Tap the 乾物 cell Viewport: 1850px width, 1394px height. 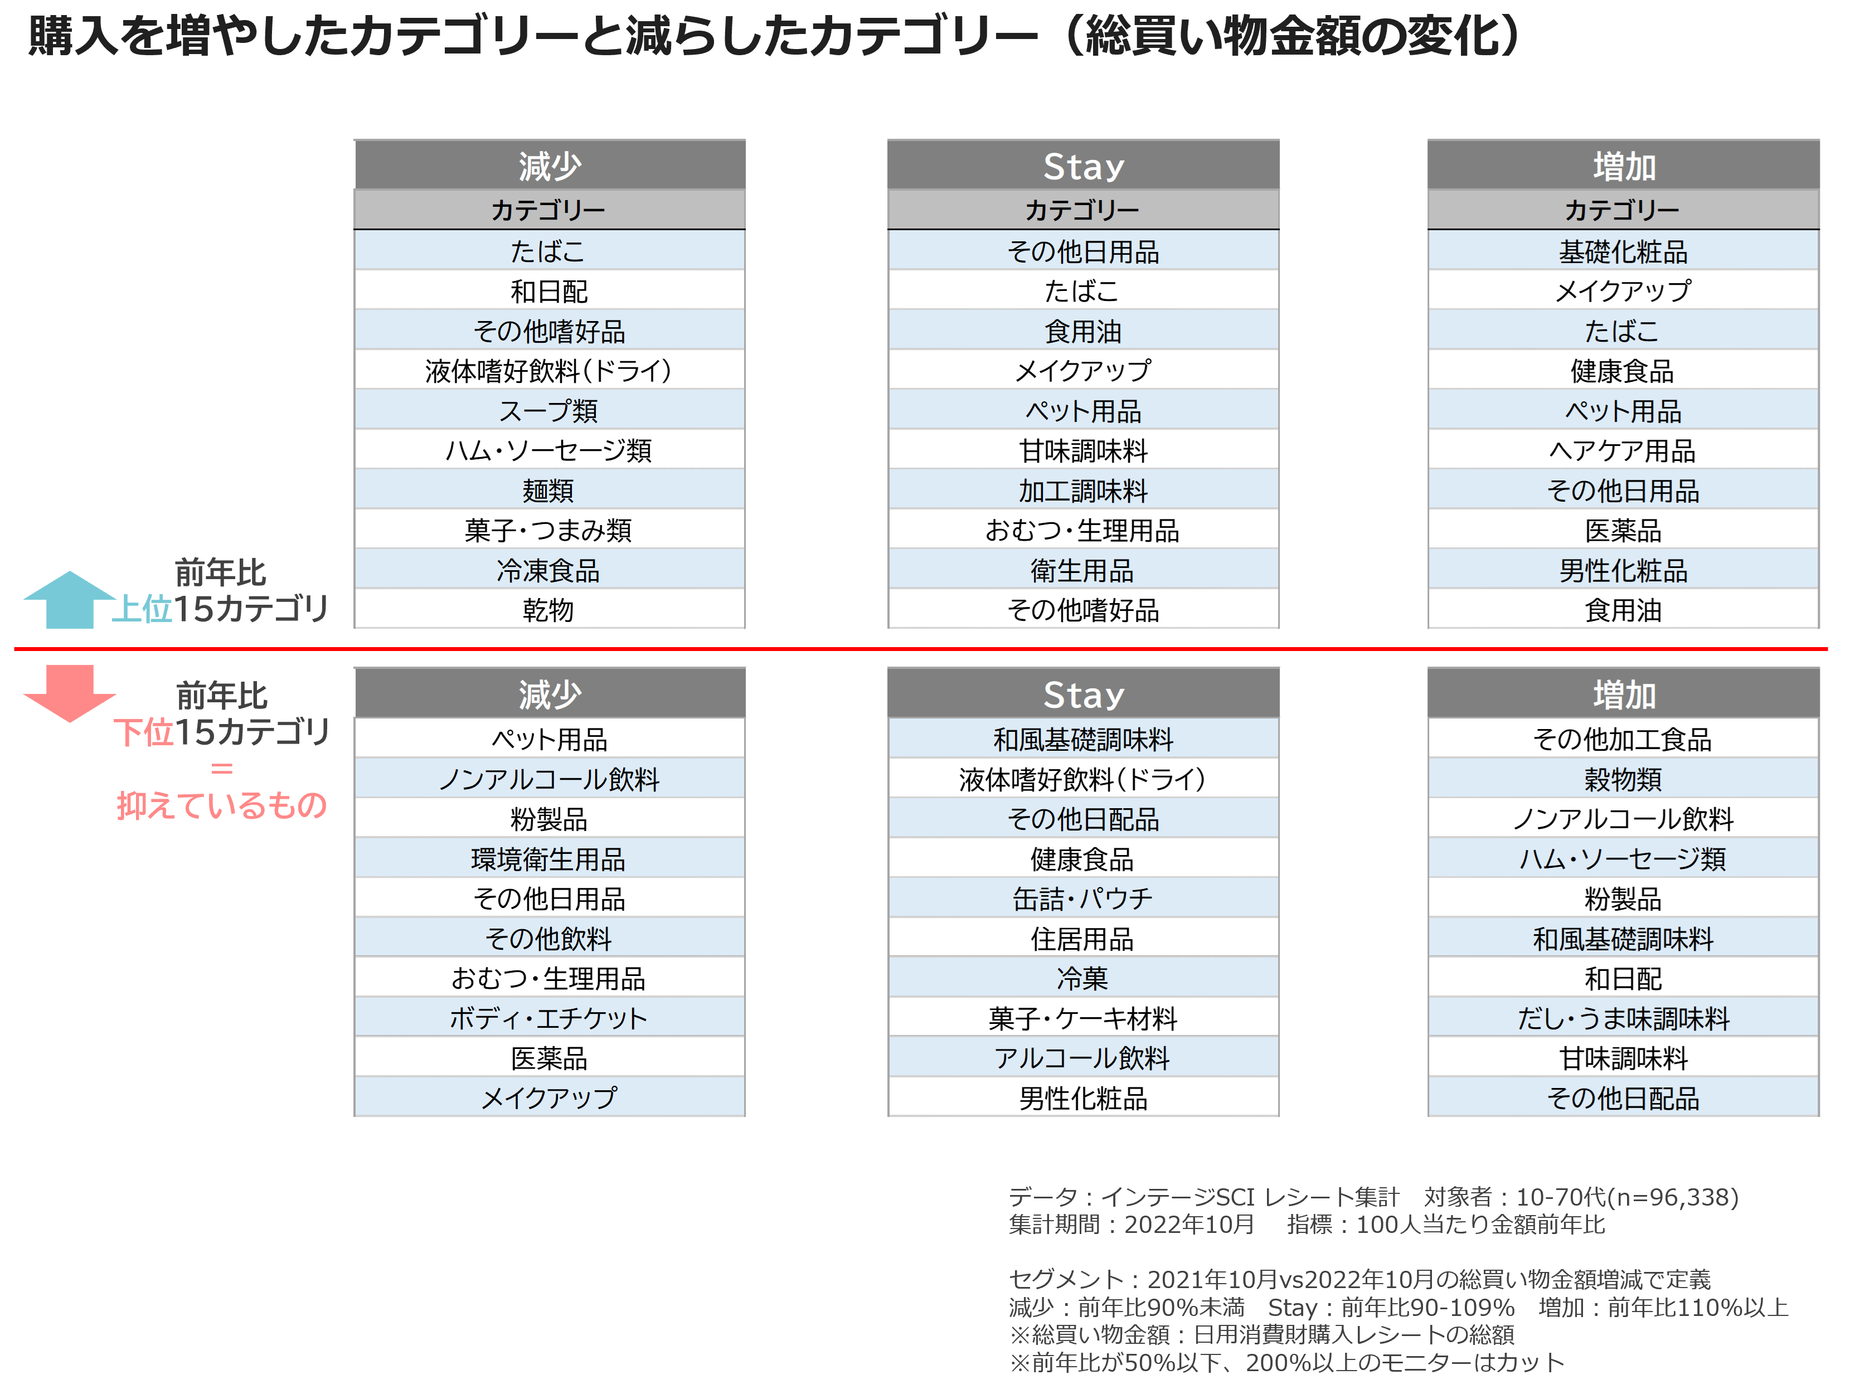(548, 610)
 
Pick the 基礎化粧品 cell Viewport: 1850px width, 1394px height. (1623, 251)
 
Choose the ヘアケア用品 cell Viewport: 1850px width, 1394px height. (1623, 450)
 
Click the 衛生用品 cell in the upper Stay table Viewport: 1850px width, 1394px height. (1083, 570)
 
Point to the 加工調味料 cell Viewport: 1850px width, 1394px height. (1083, 490)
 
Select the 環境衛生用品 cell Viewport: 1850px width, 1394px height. (548, 858)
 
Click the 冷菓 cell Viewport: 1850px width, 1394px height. (1083, 978)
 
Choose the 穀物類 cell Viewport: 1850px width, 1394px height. (1623, 779)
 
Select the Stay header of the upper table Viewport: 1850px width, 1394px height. (1083, 166)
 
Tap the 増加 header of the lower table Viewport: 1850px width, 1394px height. (1623, 694)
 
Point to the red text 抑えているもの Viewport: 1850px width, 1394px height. (222, 804)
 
